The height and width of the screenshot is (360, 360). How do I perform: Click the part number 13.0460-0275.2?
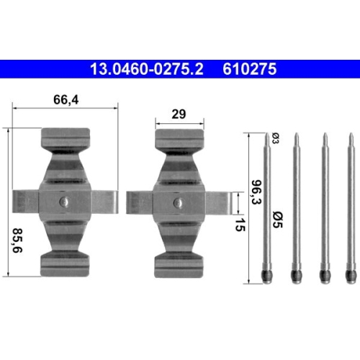click(x=146, y=69)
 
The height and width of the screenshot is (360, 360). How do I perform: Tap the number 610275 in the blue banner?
click(x=250, y=69)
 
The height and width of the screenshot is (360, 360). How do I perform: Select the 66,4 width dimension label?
click(x=66, y=99)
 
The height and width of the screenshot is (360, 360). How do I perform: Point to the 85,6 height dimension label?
click(x=17, y=240)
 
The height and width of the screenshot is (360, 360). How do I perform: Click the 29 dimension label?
click(x=179, y=114)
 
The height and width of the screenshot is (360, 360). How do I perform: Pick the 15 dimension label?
click(x=240, y=225)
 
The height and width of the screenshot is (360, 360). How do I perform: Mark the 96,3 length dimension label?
click(x=256, y=192)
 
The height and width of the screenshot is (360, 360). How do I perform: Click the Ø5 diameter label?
click(x=278, y=220)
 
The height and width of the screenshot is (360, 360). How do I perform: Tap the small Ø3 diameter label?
click(x=275, y=138)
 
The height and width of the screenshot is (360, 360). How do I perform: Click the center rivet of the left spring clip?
click(x=64, y=202)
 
